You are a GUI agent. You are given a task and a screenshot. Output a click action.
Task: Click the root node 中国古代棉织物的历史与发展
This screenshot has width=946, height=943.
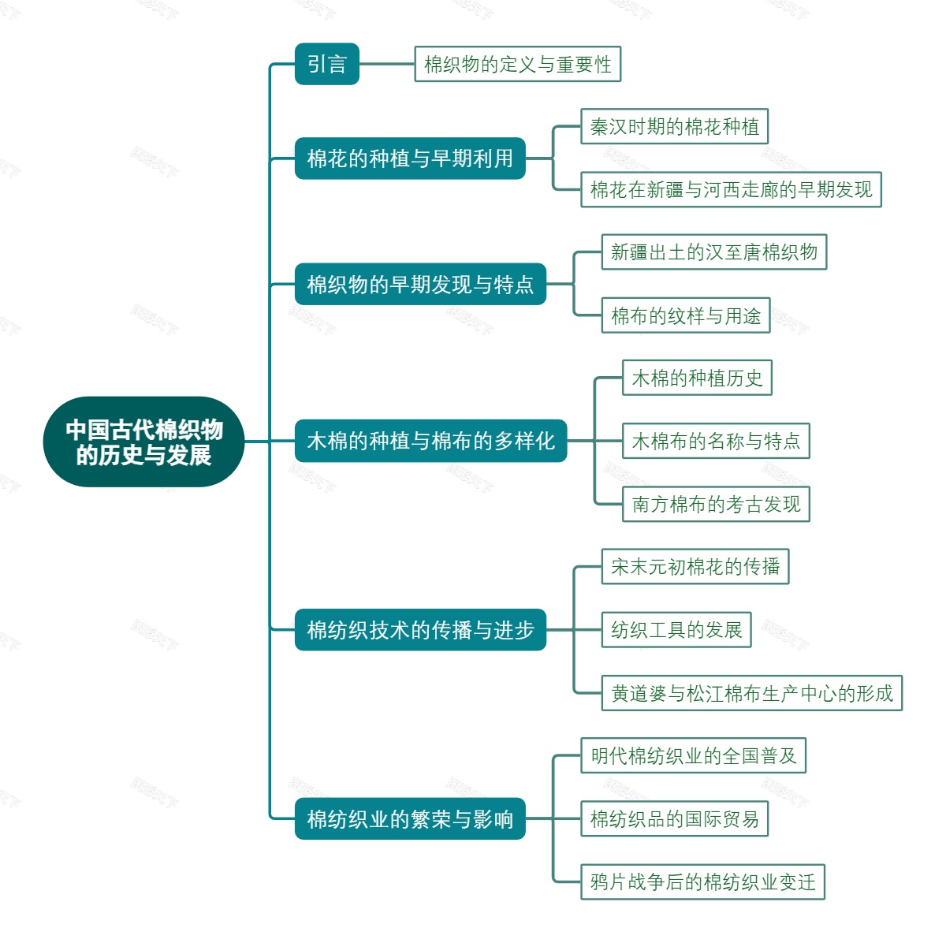[x=143, y=442]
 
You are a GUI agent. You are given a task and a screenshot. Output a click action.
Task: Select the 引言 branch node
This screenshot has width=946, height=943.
[x=326, y=64]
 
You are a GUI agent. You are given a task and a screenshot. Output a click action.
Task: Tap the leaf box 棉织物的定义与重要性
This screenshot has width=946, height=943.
[x=517, y=64]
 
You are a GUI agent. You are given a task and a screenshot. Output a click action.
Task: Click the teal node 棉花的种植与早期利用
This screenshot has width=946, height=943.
[x=410, y=158]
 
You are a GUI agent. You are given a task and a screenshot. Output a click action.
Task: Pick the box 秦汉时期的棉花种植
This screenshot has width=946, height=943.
[x=674, y=127]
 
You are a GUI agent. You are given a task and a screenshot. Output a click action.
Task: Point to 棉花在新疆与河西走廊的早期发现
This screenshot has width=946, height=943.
[x=731, y=190]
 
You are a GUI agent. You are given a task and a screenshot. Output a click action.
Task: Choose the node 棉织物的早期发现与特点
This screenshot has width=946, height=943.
[x=420, y=284]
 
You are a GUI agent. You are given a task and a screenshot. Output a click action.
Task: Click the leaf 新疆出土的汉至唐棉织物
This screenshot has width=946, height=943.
[x=713, y=252]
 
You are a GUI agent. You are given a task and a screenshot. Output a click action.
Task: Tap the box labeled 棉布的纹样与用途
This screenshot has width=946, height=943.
[x=685, y=315]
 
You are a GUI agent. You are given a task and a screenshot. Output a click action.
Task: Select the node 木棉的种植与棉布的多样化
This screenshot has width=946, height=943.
[x=430, y=441]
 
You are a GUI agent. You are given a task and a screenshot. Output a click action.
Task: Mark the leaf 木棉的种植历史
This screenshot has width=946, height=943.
[x=697, y=378]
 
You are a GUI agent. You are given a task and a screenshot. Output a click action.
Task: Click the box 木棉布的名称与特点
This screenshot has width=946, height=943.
[x=716, y=441]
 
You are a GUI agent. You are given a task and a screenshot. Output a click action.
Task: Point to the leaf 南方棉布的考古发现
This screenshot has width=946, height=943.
[x=716, y=504]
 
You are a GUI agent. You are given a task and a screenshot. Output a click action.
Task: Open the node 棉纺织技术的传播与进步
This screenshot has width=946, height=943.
[x=420, y=629]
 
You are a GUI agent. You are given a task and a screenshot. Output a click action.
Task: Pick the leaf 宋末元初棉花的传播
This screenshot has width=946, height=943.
[x=695, y=567]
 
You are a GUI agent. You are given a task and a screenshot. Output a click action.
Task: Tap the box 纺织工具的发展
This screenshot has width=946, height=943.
[x=676, y=629]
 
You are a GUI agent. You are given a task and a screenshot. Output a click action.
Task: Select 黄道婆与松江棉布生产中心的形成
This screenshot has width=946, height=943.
[x=751, y=693]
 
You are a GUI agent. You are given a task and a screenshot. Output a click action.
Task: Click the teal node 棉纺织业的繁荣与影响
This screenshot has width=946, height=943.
[x=410, y=818]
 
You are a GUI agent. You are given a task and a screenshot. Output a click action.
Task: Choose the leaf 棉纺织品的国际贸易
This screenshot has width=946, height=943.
[x=674, y=818]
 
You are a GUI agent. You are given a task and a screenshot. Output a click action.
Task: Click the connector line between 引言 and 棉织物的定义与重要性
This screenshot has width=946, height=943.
[x=386, y=64]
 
